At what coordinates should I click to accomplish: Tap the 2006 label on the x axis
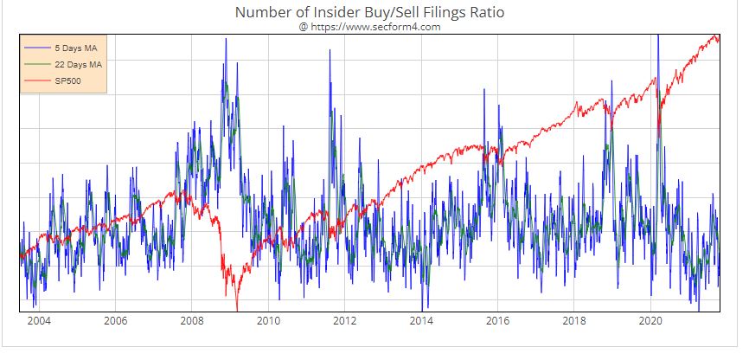click(x=115, y=322)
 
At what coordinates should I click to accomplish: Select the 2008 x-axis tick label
click(x=191, y=322)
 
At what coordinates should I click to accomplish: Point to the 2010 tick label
click(x=268, y=322)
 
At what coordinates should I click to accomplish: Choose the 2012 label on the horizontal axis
click(x=344, y=322)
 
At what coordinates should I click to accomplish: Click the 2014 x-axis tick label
click(x=421, y=322)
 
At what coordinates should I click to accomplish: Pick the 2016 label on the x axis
click(x=497, y=322)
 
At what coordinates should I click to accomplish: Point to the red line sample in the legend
click(x=38, y=82)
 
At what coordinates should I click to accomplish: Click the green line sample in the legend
click(x=38, y=65)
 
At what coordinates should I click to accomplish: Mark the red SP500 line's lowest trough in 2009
click(x=236, y=308)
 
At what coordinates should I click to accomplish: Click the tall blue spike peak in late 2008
click(x=226, y=39)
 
